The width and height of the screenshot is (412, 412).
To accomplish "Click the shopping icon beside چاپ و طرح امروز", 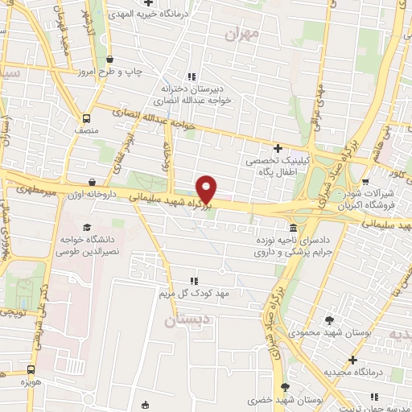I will (110, 60).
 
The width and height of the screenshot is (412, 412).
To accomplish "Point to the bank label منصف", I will (85, 130).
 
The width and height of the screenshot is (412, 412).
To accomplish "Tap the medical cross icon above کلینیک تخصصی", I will (278, 148).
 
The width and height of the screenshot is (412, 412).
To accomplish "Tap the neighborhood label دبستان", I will (181, 320).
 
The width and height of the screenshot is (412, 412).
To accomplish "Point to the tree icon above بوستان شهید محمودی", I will (328, 320).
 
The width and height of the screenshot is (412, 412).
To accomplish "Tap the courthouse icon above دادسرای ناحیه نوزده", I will (292, 229).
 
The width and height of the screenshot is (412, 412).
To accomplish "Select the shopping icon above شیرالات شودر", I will (365, 182).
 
